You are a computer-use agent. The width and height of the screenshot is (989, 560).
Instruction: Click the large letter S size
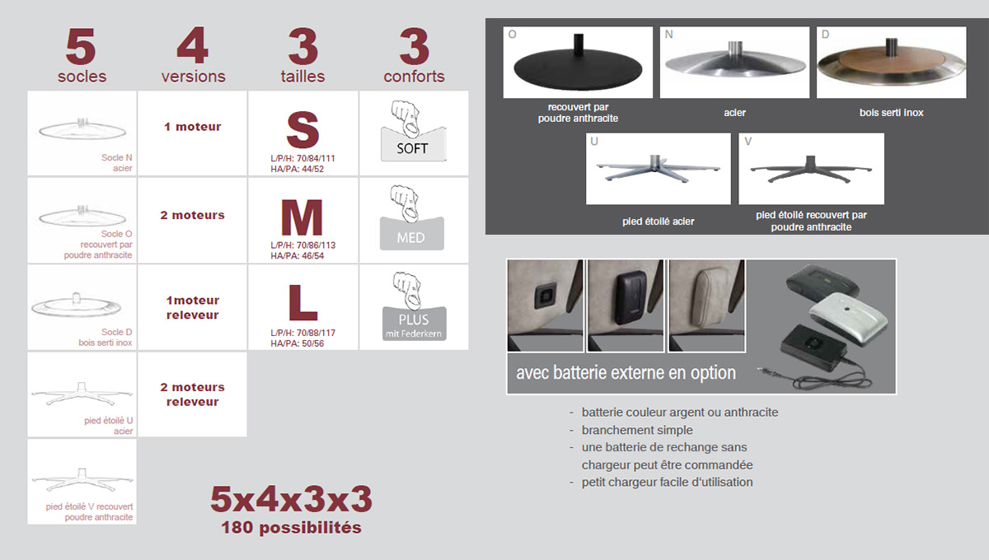[302, 130]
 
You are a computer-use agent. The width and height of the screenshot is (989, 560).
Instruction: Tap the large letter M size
[302, 217]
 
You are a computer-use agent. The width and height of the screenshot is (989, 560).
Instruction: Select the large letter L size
[303, 302]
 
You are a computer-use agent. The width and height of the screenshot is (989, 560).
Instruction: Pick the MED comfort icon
[412, 218]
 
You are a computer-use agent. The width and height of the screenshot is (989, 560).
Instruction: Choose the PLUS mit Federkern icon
[414, 306]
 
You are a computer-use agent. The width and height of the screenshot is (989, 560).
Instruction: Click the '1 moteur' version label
[193, 127]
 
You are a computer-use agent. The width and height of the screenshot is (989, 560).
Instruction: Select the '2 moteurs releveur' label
[193, 394]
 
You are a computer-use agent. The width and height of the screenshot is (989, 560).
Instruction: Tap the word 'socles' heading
[82, 77]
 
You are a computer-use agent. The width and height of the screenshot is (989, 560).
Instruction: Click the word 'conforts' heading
[414, 77]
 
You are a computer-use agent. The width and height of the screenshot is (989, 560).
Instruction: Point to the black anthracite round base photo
[578, 63]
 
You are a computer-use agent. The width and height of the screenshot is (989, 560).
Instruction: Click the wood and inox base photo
[892, 63]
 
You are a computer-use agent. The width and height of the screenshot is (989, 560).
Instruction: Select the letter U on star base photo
[594, 141]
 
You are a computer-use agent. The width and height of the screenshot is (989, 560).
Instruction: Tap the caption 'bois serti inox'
[892, 113]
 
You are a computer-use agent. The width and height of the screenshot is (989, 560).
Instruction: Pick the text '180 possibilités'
[292, 527]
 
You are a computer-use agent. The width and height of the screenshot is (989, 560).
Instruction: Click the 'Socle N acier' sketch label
[117, 163]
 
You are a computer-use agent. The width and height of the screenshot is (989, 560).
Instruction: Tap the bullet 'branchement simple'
[637, 430]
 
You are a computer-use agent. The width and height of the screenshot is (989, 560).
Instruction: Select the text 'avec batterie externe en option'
[626, 373]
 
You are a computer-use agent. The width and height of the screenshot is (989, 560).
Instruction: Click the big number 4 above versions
[193, 45]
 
